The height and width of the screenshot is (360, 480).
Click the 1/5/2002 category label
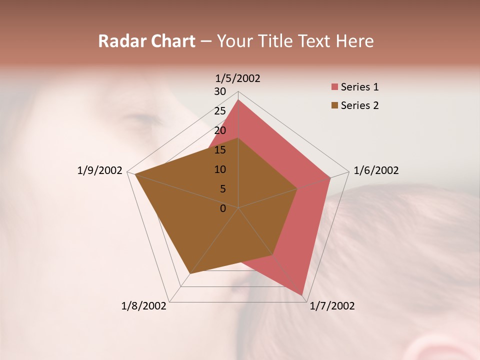[x=237, y=78]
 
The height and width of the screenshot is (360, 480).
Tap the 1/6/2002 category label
[x=376, y=170]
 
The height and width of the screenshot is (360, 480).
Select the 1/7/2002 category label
[x=332, y=306]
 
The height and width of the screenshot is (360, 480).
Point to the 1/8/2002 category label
[x=144, y=306]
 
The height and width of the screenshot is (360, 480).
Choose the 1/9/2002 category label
[x=100, y=170]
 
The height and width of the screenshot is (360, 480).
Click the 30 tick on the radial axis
[x=220, y=91]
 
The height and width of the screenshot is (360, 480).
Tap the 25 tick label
[x=220, y=111]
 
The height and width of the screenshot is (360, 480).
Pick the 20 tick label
[x=220, y=130]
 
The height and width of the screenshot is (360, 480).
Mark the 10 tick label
[x=220, y=169]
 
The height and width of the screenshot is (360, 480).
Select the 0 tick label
[x=223, y=208]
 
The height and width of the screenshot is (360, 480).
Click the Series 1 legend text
[x=359, y=87]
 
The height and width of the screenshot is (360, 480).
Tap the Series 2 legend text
[x=359, y=105]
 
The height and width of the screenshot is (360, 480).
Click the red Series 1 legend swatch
[x=334, y=87]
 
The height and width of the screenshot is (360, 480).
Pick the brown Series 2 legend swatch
[x=334, y=105]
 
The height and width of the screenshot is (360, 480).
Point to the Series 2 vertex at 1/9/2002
[x=135, y=174]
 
